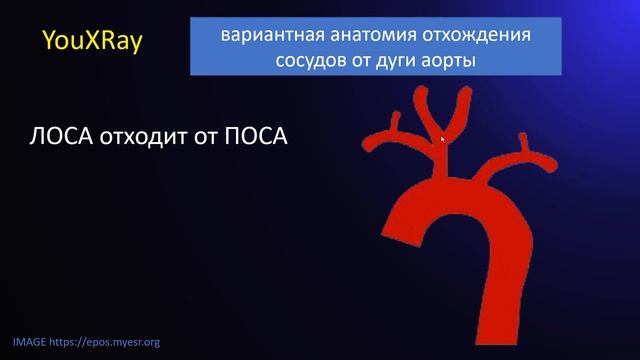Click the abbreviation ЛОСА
[x=64, y=136]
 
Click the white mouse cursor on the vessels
[x=442, y=139]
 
